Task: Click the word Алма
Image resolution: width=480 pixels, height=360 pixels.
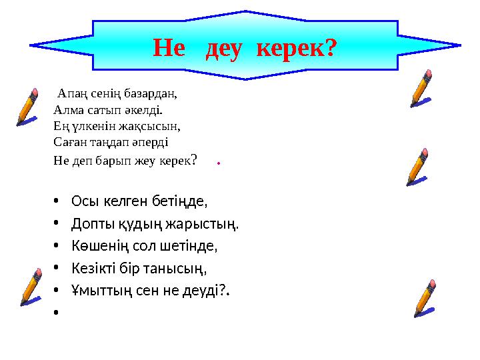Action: click(x=67, y=109)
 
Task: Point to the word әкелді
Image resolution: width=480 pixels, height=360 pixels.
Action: click(x=145, y=109)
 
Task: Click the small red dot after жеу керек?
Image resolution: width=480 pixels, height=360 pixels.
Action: click(x=219, y=162)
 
